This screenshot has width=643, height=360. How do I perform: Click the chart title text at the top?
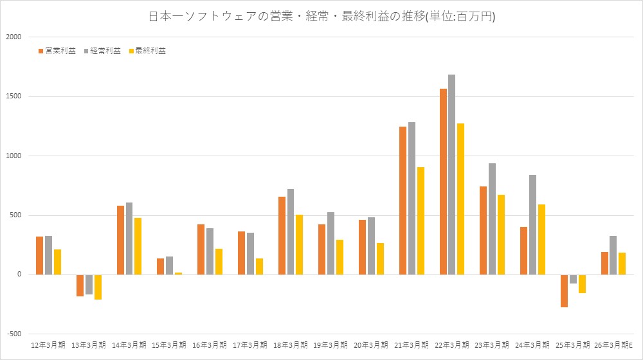[321, 17]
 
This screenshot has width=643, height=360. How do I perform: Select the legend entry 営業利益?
[59, 51]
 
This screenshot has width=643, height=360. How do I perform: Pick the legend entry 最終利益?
[149, 51]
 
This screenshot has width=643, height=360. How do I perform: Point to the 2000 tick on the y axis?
[14, 37]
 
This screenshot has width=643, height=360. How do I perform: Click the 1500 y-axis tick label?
[14, 96]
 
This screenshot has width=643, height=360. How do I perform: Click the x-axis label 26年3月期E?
[614, 345]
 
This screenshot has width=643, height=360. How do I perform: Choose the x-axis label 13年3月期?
[89, 345]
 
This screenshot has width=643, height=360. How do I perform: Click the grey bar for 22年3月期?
[452, 174]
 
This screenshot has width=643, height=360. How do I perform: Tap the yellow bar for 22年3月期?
[460, 199]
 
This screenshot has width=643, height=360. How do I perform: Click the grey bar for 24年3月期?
[532, 224]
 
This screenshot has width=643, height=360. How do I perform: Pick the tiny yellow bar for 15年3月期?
[178, 273]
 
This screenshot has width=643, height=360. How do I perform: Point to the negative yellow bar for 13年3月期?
[98, 287]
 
